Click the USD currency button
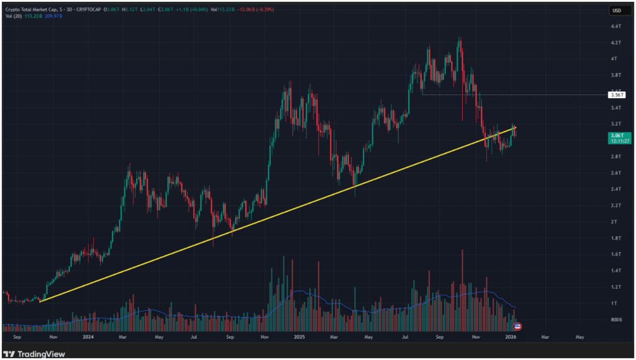(x=617, y=11)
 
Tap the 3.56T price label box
(x=617, y=95)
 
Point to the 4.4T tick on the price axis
(x=616, y=27)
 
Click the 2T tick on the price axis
(x=614, y=222)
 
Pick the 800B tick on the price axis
(x=616, y=320)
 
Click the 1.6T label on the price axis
(x=616, y=254)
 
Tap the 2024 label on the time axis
(x=88, y=338)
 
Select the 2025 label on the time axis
(x=299, y=338)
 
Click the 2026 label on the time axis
(x=511, y=338)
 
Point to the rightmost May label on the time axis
(x=580, y=338)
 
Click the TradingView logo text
(x=42, y=354)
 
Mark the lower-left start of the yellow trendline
(x=40, y=301)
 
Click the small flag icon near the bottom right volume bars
(x=518, y=326)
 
